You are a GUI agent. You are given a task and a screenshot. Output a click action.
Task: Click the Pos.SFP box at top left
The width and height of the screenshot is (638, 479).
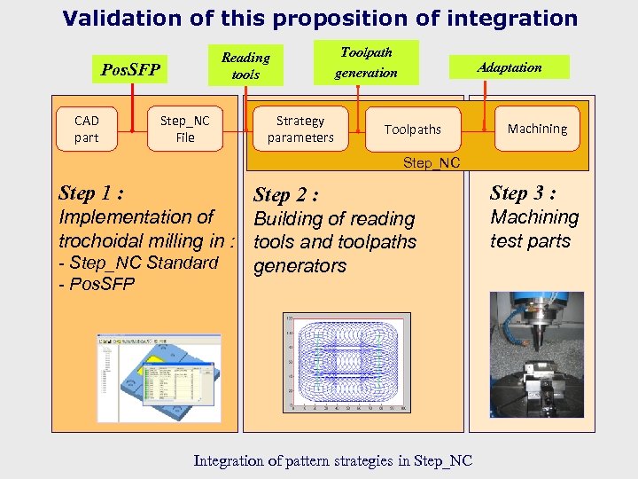(130, 68)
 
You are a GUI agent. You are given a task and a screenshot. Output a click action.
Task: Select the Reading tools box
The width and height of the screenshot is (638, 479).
(245, 66)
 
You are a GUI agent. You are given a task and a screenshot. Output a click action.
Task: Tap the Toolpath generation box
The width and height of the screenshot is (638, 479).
(366, 62)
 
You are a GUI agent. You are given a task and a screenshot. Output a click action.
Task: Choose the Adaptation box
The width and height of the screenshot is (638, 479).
(510, 67)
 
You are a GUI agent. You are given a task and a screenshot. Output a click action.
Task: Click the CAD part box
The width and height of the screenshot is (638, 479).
(87, 129)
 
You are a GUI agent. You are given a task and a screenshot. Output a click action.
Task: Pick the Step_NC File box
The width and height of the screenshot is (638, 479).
(185, 129)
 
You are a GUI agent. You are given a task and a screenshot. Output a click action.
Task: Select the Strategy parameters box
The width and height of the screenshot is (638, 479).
(300, 129)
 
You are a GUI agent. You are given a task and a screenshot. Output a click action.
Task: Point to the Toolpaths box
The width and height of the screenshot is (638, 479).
(413, 130)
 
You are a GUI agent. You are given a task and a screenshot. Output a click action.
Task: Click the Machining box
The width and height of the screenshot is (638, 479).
(537, 129)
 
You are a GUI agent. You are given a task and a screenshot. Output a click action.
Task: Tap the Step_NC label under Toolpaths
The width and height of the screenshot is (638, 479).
(432, 162)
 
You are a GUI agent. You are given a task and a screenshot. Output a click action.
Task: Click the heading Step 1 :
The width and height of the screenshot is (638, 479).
(90, 193)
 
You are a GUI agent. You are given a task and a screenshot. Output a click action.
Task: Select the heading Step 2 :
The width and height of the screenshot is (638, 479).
(286, 195)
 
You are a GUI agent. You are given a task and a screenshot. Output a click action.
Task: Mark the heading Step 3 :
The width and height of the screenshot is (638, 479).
(523, 193)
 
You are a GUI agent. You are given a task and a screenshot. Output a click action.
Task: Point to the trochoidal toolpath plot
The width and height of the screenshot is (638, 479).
(346, 363)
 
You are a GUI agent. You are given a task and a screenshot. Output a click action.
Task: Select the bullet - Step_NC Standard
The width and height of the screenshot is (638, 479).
(137, 263)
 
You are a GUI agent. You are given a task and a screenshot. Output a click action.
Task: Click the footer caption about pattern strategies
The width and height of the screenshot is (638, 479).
(332, 460)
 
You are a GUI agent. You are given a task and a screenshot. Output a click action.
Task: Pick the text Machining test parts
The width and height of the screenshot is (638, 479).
(533, 229)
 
